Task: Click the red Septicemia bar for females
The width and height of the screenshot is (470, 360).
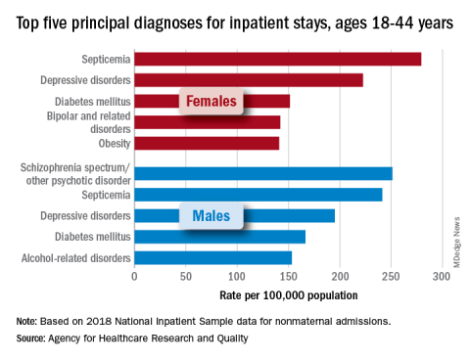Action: (x=278, y=59)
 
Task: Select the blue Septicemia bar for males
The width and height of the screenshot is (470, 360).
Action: (x=258, y=195)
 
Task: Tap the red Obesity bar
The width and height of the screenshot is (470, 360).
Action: (x=207, y=143)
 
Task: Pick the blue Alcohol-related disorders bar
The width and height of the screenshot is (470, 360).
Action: (x=213, y=257)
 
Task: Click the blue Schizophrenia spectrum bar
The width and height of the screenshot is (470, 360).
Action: (x=263, y=173)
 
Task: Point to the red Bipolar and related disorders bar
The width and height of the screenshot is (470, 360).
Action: (x=208, y=122)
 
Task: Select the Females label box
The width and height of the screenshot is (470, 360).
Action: (x=211, y=101)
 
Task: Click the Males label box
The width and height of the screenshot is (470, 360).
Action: (x=211, y=216)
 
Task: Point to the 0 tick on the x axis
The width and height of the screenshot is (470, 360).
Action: (x=134, y=277)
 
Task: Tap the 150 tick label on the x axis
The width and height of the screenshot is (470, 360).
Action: (x=289, y=277)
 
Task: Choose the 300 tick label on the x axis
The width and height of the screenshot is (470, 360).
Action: (x=442, y=277)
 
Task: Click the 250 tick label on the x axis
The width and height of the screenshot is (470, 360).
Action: (x=391, y=277)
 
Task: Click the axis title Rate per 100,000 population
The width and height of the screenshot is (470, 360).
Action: (x=289, y=295)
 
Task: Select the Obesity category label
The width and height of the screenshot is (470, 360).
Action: (x=115, y=144)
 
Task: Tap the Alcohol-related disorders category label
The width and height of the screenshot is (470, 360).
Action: (x=76, y=258)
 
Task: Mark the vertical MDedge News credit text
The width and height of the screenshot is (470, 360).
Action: (x=456, y=243)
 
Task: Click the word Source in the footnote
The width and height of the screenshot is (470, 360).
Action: (x=30, y=338)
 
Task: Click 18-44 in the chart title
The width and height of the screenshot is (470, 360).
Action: (x=393, y=22)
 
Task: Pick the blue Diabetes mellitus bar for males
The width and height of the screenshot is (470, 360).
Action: (x=220, y=237)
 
